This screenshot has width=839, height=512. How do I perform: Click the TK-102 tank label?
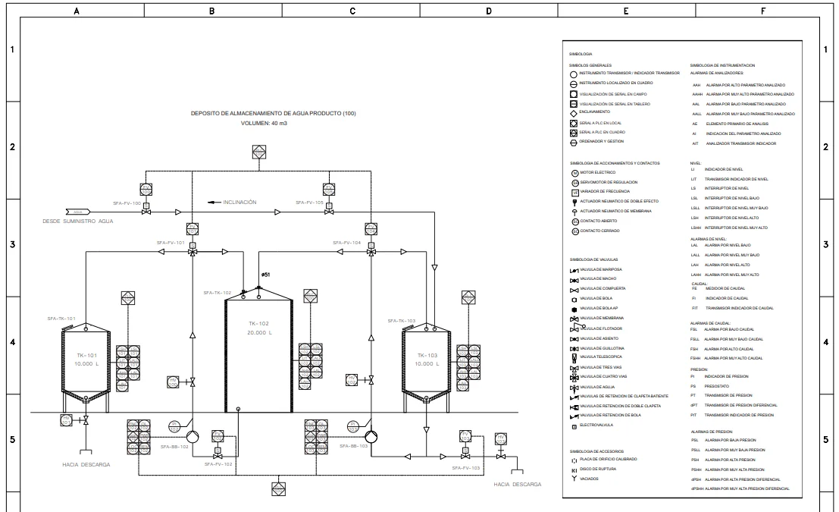tap(259, 323)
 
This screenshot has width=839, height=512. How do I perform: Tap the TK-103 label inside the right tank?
tap(427, 355)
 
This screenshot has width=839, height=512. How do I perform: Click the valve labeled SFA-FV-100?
tap(146, 212)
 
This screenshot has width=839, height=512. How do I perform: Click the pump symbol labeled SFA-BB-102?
tap(192, 437)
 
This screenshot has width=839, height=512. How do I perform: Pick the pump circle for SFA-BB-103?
tap(371, 437)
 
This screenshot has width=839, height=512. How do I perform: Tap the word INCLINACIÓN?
tap(239, 203)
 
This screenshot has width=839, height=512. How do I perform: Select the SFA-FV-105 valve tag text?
tap(308, 203)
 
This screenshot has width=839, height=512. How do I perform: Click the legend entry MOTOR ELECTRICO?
tap(598, 173)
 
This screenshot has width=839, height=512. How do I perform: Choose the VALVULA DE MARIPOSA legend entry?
tap(601, 269)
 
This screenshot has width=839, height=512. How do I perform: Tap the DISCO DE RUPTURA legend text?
tap(598, 470)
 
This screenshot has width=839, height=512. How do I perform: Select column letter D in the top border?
tap(487, 11)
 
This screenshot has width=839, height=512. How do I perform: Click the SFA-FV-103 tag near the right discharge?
tap(466, 468)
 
